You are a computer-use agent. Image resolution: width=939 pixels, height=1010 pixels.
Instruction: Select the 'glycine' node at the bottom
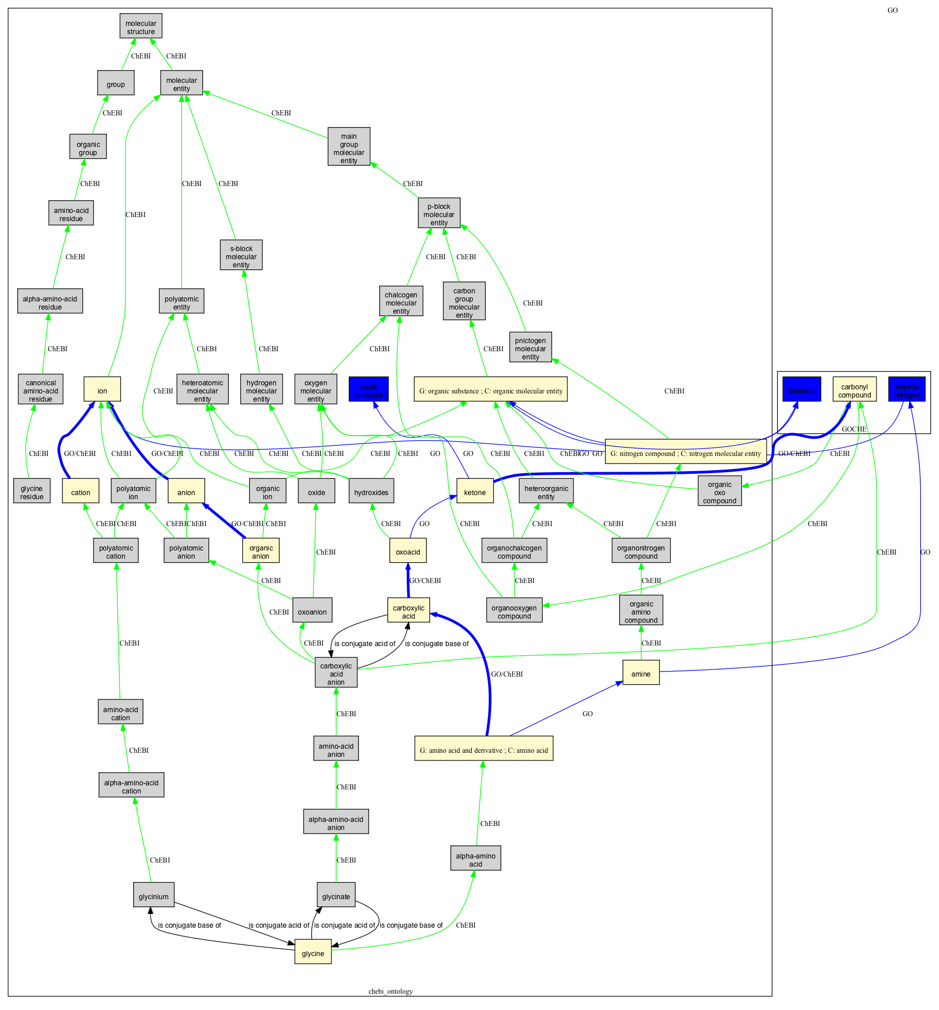(313, 953)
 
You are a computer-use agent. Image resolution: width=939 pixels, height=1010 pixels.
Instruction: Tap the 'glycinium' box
(154, 896)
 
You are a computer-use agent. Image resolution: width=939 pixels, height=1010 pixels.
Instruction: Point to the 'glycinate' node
(336, 896)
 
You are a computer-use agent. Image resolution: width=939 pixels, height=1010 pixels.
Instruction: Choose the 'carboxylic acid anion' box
(336, 674)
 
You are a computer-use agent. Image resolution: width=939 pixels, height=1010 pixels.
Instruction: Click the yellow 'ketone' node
(475, 492)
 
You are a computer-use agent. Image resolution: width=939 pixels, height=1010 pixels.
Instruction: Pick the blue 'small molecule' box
(369, 390)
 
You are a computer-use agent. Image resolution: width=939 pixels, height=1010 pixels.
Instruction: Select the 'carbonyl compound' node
(854, 390)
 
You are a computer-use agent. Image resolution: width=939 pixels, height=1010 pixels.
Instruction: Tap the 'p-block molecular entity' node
(439, 214)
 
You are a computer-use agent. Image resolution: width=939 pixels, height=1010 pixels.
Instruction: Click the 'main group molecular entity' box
(349, 148)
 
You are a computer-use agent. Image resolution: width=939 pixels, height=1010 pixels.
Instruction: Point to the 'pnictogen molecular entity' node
(530, 348)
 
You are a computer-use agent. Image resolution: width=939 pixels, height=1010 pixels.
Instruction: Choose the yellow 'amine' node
(641, 674)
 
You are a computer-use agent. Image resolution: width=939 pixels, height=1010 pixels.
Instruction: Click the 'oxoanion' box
(312, 611)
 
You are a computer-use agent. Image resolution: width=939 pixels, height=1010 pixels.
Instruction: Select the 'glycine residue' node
(32, 492)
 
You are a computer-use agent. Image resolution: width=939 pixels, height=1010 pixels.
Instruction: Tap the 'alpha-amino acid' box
(475, 860)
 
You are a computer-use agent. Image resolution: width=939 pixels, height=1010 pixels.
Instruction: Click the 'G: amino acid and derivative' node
(483, 750)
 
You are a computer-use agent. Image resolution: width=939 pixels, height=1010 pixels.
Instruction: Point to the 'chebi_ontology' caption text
(390, 991)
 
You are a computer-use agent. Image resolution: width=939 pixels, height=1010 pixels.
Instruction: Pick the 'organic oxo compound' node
(719, 492)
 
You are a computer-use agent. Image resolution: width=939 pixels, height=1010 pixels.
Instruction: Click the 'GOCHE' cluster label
(854, 429)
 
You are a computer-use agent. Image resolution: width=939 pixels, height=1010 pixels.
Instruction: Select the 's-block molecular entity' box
(241, 256)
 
